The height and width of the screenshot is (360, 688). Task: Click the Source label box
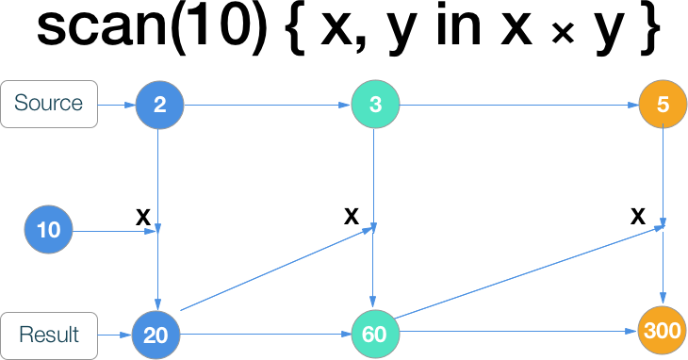pos(49,104)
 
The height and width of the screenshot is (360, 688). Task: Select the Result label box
pos(49,335)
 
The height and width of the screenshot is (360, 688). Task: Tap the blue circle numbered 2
pos(159,104)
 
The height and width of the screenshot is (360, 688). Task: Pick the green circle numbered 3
pos(375,104)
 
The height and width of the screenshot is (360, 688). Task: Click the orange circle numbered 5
pos(663,104)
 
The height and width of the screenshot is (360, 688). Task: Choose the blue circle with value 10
pos(48,230)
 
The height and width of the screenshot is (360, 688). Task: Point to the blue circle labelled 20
pos(156,335)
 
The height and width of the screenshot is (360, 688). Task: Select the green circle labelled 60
pos(375,335)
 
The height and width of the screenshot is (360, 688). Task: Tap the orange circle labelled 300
pos(663,331)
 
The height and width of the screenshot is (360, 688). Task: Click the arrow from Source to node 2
pos(116,104)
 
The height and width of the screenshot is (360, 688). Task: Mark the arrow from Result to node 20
pos(114,335)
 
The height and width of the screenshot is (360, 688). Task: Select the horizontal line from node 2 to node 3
pos(267,104)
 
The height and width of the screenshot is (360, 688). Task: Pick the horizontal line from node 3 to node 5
pos(518,104)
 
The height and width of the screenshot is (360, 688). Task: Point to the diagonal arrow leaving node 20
pos(273,269)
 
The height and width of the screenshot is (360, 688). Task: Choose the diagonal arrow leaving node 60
pos(528,271)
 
